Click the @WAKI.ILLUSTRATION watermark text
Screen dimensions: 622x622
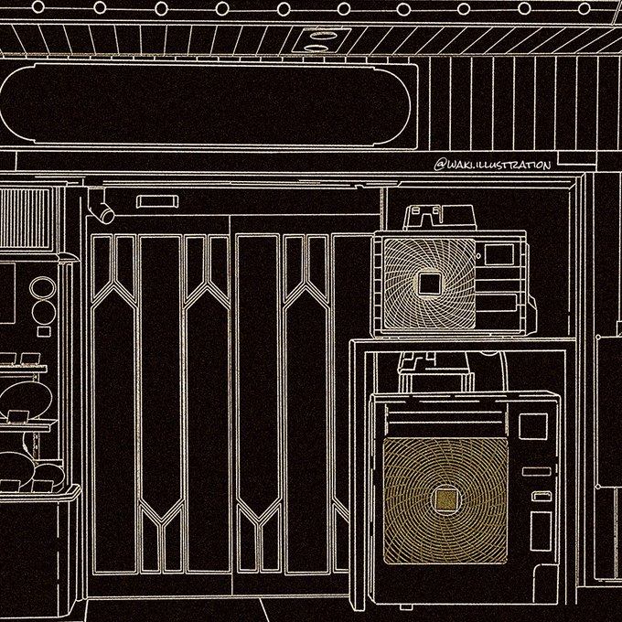click(493, 166)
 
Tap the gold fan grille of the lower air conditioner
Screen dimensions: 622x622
click(445, 499)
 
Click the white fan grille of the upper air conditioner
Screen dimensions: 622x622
click(428, 283)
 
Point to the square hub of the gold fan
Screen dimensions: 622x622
click(445, 499)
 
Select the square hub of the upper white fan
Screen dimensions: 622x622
click(428, 284)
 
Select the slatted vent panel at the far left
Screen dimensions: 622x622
click(26, 218)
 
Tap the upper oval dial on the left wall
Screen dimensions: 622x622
click(42, 287)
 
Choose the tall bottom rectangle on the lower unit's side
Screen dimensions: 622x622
click(541, 531)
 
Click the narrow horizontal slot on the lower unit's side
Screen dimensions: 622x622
click(539, 472)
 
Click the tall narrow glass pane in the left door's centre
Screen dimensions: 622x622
click(161, 393)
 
